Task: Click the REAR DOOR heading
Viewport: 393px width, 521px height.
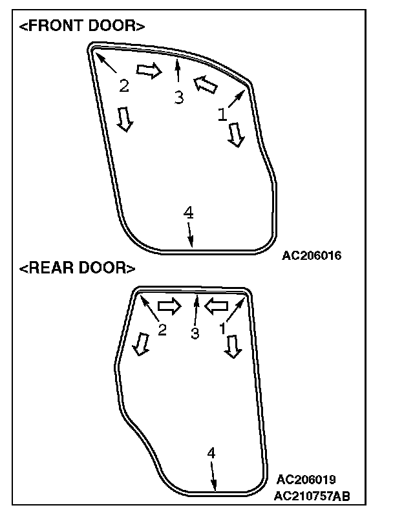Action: pos(78,268)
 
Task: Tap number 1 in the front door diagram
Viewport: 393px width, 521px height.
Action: pos(222,114)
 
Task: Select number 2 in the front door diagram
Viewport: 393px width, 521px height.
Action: pos(124,85)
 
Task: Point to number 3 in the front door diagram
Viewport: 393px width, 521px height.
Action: pos(178,97)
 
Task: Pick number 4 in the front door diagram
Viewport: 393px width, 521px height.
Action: pos(188,212)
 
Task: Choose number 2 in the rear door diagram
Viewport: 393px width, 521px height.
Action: pos(162,330)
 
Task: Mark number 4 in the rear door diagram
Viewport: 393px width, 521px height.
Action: pos(211,453)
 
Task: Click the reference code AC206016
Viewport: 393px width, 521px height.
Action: pos(312,255)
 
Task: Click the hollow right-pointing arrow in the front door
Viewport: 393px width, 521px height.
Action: pos(148,70)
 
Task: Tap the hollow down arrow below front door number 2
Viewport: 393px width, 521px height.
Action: pos(124,118)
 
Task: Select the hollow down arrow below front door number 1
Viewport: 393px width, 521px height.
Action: pos(237,133)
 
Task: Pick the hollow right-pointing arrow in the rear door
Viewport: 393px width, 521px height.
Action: pos(169,304)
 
